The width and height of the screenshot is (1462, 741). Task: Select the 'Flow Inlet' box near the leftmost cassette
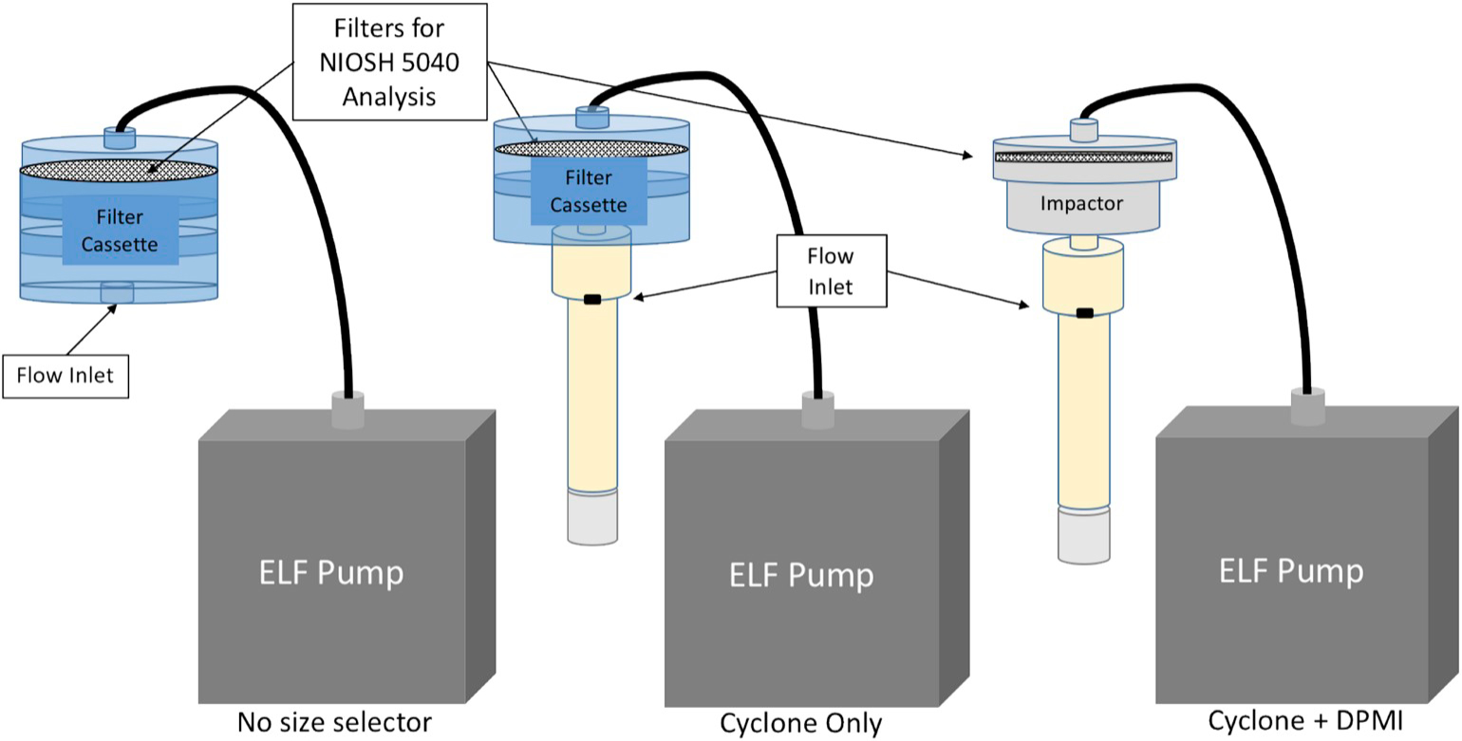(x=65, y=375)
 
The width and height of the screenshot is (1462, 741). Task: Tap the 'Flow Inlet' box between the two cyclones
(x=831, y=271)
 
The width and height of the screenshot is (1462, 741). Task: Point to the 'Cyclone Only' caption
(x=801, y=724)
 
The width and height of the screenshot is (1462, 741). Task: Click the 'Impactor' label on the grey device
(x=1081, y=203)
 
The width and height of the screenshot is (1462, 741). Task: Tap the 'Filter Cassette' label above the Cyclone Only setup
(x=590, y=191)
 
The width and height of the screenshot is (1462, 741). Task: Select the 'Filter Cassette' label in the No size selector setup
(x=118, y=231)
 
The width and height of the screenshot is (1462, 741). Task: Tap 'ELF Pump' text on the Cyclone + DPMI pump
(x=1292, y=570)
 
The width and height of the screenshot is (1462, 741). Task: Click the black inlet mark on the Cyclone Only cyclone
(x=592, y=300)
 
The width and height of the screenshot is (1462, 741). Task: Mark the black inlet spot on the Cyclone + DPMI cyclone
(x=1083, y=312)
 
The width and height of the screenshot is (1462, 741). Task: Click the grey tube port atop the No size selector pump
(x=348, y=410)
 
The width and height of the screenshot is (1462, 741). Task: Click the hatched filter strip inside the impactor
(x=1084, y=157)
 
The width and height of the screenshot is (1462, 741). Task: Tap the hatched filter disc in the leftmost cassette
(x=118, y=172)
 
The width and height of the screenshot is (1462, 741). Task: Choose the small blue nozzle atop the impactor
(x=1084, y=131)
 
